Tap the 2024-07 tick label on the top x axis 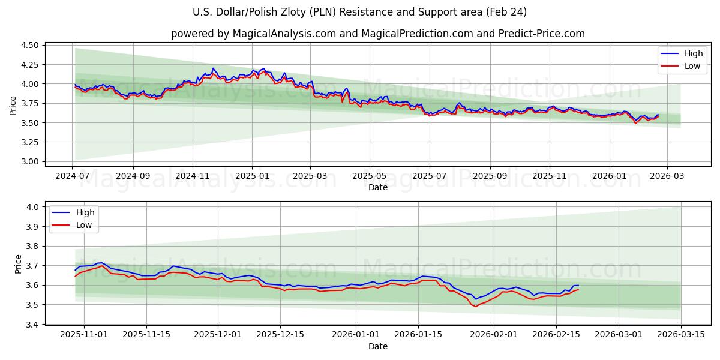pyautogui.click(x=73, y=176)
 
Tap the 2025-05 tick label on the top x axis pyautogui.click(x=369, y=176)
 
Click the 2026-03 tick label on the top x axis pyautogui.click(x=667, y=176)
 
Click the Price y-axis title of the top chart pyautogui.click(x=13, y=105)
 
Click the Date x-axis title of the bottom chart pyautogui.click(x=378, y=346)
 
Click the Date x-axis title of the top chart pyautogui.click(x=378, y=187)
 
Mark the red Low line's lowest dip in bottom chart pyautogui.click(x=476, y=307)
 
